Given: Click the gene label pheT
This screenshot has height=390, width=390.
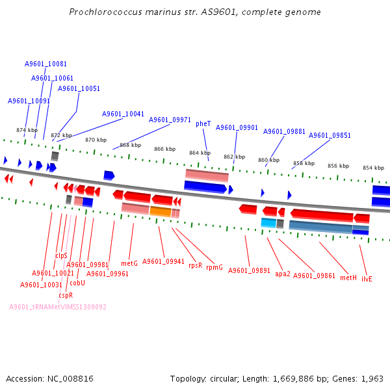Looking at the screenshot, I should [x=203, y=123].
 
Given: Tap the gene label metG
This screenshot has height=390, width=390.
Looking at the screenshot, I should [x=129, y=263].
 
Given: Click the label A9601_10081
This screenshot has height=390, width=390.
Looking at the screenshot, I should [x=45, y=64].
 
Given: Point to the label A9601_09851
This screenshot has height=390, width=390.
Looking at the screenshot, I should [x=330, y=135].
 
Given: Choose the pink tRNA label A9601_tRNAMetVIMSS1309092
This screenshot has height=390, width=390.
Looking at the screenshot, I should [x=58, y=307].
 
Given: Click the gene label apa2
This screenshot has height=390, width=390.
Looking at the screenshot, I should [x=283, y=274].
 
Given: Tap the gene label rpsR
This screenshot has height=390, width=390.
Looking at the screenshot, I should [x=195, y=265].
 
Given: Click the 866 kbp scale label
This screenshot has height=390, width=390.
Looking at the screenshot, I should [x=165, y=149].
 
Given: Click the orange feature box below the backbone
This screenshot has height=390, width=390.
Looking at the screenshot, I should [x=161, y=211].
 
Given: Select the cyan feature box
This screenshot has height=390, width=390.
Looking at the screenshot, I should [x=268, y=222].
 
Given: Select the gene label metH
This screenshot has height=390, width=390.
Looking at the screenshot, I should [x=348, y=278].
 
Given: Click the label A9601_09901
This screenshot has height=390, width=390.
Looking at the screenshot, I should [x=237, y=127].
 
